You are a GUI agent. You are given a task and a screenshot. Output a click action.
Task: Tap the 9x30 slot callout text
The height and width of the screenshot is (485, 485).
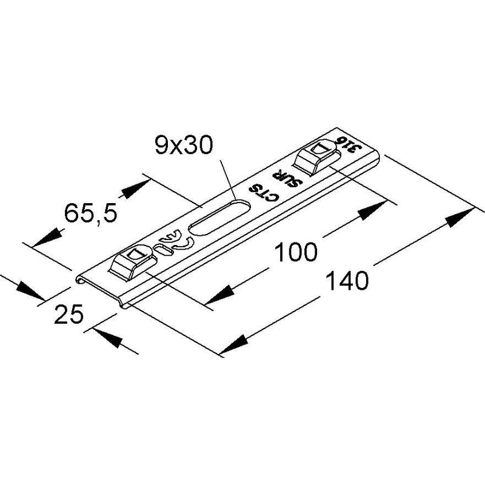click(184, 145)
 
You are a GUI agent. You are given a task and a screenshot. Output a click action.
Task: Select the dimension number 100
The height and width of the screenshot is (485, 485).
click(296, 252)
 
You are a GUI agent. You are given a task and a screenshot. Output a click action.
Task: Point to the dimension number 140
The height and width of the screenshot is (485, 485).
click(347, 280)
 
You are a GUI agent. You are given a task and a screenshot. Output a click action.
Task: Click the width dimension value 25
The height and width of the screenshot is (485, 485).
click(69, 314)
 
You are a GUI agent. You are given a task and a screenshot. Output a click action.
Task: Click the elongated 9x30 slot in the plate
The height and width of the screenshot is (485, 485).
click(219, 218)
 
